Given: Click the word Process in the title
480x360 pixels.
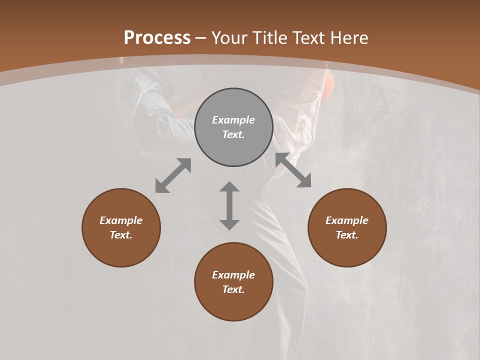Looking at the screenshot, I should (x=157, y=38).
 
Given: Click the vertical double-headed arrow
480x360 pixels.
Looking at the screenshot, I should (x=229, y=205).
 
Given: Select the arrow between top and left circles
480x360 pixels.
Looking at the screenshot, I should (x=173, y=175).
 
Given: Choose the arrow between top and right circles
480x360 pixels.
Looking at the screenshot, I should (x=293, y=170).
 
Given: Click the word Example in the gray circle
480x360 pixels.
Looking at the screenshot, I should (x=233, y=120).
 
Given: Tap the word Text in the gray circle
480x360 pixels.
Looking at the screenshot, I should (x=233, y=134).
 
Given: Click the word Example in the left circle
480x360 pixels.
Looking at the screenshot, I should (x=121, y=220).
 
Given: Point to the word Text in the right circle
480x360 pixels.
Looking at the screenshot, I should (x=347, y=235).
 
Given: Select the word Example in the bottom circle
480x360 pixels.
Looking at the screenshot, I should (x=233, y=275).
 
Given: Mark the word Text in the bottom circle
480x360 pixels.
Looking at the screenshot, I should (x=233, y=289).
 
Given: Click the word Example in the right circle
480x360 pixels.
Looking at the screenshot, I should (x=347, y=220).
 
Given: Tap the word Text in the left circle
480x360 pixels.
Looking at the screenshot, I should (x=121, y=235).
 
